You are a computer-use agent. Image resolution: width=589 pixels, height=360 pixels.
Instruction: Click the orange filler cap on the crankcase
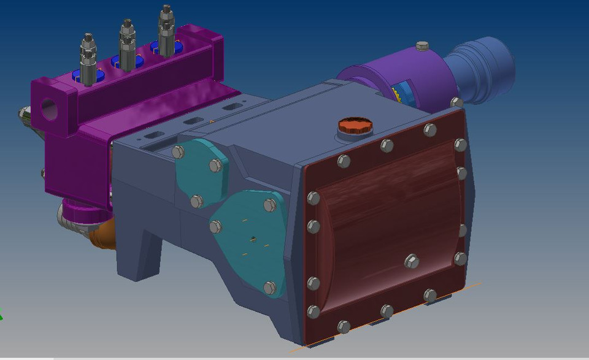[x=355, y=126]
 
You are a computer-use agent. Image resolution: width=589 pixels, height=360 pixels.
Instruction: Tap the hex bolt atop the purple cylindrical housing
[x=422, y=46]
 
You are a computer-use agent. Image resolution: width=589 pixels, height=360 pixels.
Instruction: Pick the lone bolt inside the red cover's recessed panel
[x=412, y=261]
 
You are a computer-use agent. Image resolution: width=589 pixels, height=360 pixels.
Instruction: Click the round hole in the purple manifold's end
[x=48, y=110]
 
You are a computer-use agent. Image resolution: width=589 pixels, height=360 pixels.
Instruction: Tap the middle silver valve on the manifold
[x=127, y=45]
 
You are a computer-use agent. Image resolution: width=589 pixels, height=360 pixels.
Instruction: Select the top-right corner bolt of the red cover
[x=461, y=145]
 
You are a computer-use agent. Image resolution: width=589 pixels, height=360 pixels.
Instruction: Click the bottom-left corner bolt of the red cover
[x=314, y=312]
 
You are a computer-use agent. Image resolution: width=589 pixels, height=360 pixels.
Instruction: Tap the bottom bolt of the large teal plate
[x=270, y=287]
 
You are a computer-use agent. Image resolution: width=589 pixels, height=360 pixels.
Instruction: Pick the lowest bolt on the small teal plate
[x=196, y=201]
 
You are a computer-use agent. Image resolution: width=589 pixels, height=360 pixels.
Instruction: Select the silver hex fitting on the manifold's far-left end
[x=23, y=113]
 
